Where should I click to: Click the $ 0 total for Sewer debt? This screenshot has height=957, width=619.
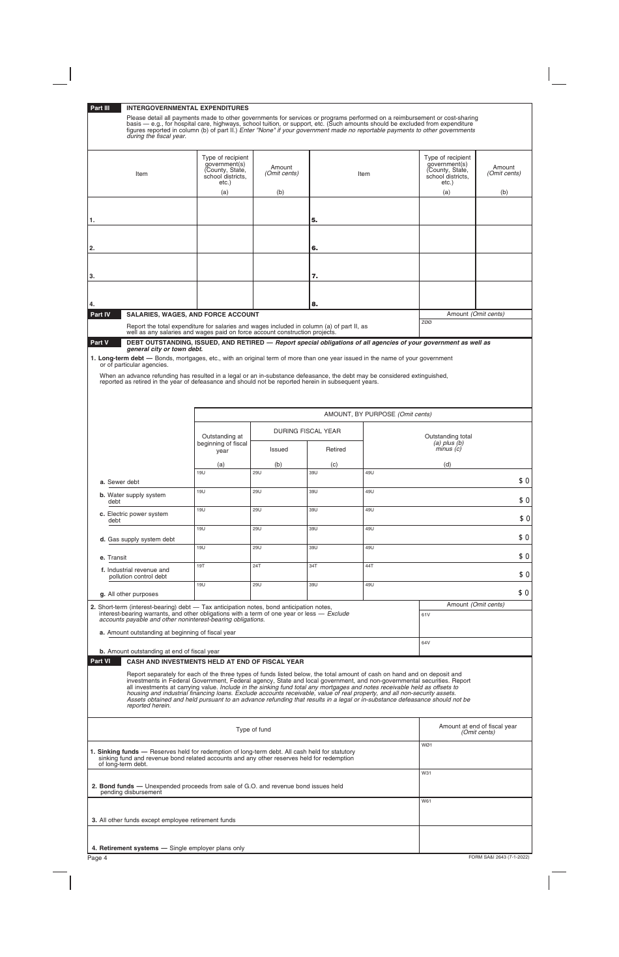tap(523, 481)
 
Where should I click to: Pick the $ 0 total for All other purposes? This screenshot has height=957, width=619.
tap(523, 593)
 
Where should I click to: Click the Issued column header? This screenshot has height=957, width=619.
tap(279, 450)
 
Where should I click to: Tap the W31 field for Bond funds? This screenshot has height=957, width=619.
tap(475, 782)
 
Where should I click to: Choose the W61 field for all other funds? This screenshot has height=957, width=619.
tap(475, 811)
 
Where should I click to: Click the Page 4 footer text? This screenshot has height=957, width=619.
tap(97, 858)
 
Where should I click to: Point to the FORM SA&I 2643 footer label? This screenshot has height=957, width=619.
tap(498, 857)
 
